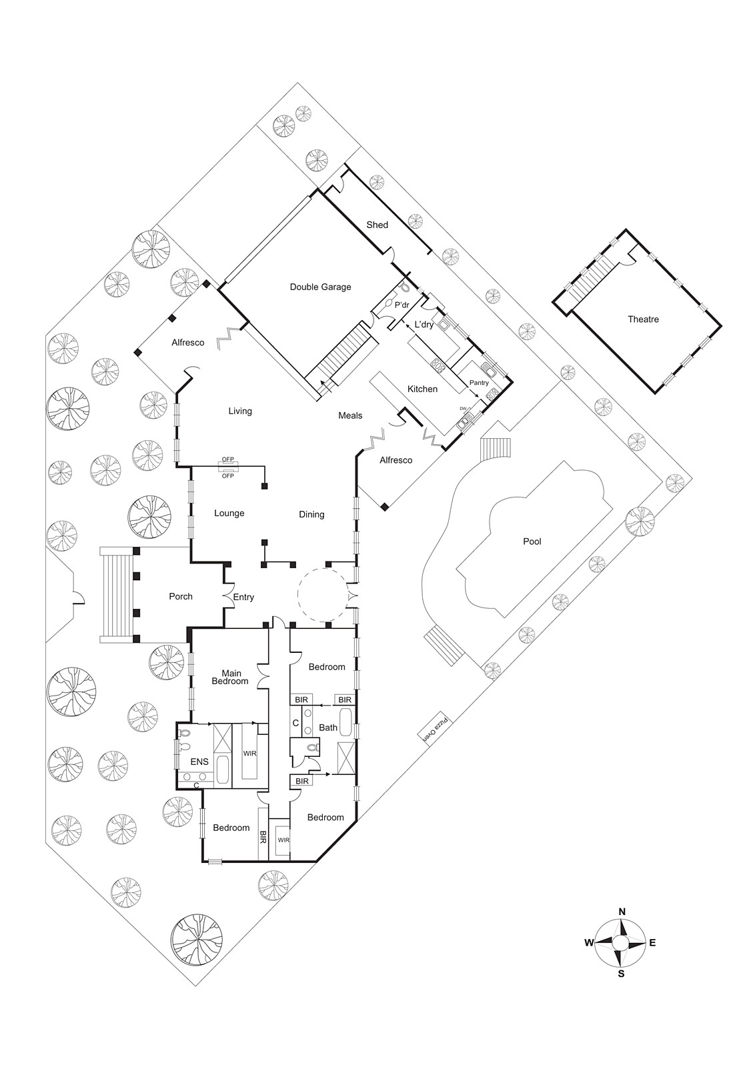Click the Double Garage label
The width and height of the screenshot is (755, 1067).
[320, 287]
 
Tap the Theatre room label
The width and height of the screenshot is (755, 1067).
[643, 319]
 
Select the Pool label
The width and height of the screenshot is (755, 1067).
[532, 541]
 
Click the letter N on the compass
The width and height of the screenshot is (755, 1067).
[622, 911]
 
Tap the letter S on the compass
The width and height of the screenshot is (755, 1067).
[621, 974]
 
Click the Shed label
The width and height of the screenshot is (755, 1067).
[377, 225]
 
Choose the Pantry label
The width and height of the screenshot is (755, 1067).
[479, 383]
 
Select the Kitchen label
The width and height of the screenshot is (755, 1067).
[422, 389]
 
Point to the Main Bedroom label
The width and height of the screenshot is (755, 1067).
[230, 677]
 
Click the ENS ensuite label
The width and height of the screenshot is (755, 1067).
[199, 762]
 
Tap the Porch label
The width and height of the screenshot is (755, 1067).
[181, 596]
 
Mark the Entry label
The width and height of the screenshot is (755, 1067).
[243, 598]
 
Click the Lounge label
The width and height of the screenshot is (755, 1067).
[229, 513]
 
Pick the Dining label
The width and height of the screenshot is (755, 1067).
[311, 514]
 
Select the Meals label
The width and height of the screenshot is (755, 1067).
[350, 415]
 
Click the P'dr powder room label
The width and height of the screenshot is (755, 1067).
[402, 305]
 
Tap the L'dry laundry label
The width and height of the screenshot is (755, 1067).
[424, 325]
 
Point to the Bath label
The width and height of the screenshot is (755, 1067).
[327, 728]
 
